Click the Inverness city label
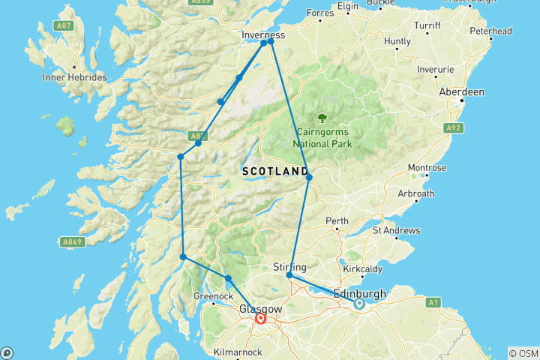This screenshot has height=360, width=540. pos(264,35)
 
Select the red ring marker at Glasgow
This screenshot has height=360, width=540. pos(261,319)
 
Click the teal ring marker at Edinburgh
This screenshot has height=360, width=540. pos(358,304)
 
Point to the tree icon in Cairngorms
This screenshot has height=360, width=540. pos(322,118)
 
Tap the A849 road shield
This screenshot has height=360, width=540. pos(70,241)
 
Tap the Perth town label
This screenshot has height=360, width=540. pos(336,221)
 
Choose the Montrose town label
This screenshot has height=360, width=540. pos(426,167)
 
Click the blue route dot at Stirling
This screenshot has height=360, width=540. pos(289,275)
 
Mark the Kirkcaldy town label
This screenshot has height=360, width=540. pos(363,268)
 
